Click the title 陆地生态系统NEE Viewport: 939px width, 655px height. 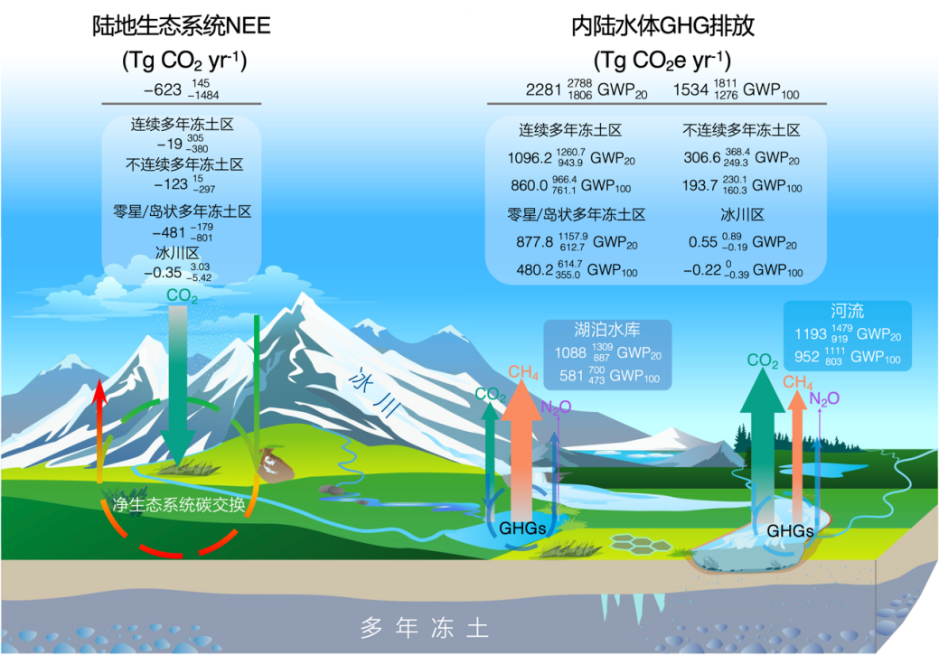coord(182,25)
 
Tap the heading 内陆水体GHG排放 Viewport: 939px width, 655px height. coord(662,25)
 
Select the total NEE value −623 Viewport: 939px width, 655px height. coord(163,89)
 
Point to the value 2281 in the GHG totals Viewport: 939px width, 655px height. coord(543,89)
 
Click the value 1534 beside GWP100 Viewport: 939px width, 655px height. coord(690,89)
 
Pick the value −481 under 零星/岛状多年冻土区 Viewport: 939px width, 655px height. coord(168,232)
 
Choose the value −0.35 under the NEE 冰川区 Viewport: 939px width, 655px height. coord(163,273)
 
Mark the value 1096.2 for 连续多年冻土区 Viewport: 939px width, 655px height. coord(530,158)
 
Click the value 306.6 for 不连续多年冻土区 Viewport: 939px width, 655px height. coord(702,157)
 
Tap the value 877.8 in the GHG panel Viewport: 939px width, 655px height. coord(534,242)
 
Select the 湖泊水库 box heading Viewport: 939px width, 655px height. coord(607,329)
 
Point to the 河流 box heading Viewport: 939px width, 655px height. coord(848,311)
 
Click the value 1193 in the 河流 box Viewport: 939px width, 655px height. coord(811,334)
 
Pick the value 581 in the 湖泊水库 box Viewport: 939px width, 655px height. coord(571,376)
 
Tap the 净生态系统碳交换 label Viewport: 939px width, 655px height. coord(178,505)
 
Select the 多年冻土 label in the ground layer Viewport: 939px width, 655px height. coord(425,628)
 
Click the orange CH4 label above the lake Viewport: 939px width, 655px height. coord(523,372)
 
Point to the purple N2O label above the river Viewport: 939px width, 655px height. coord(824,398)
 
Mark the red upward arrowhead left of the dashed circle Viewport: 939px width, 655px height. coord(100,393)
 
